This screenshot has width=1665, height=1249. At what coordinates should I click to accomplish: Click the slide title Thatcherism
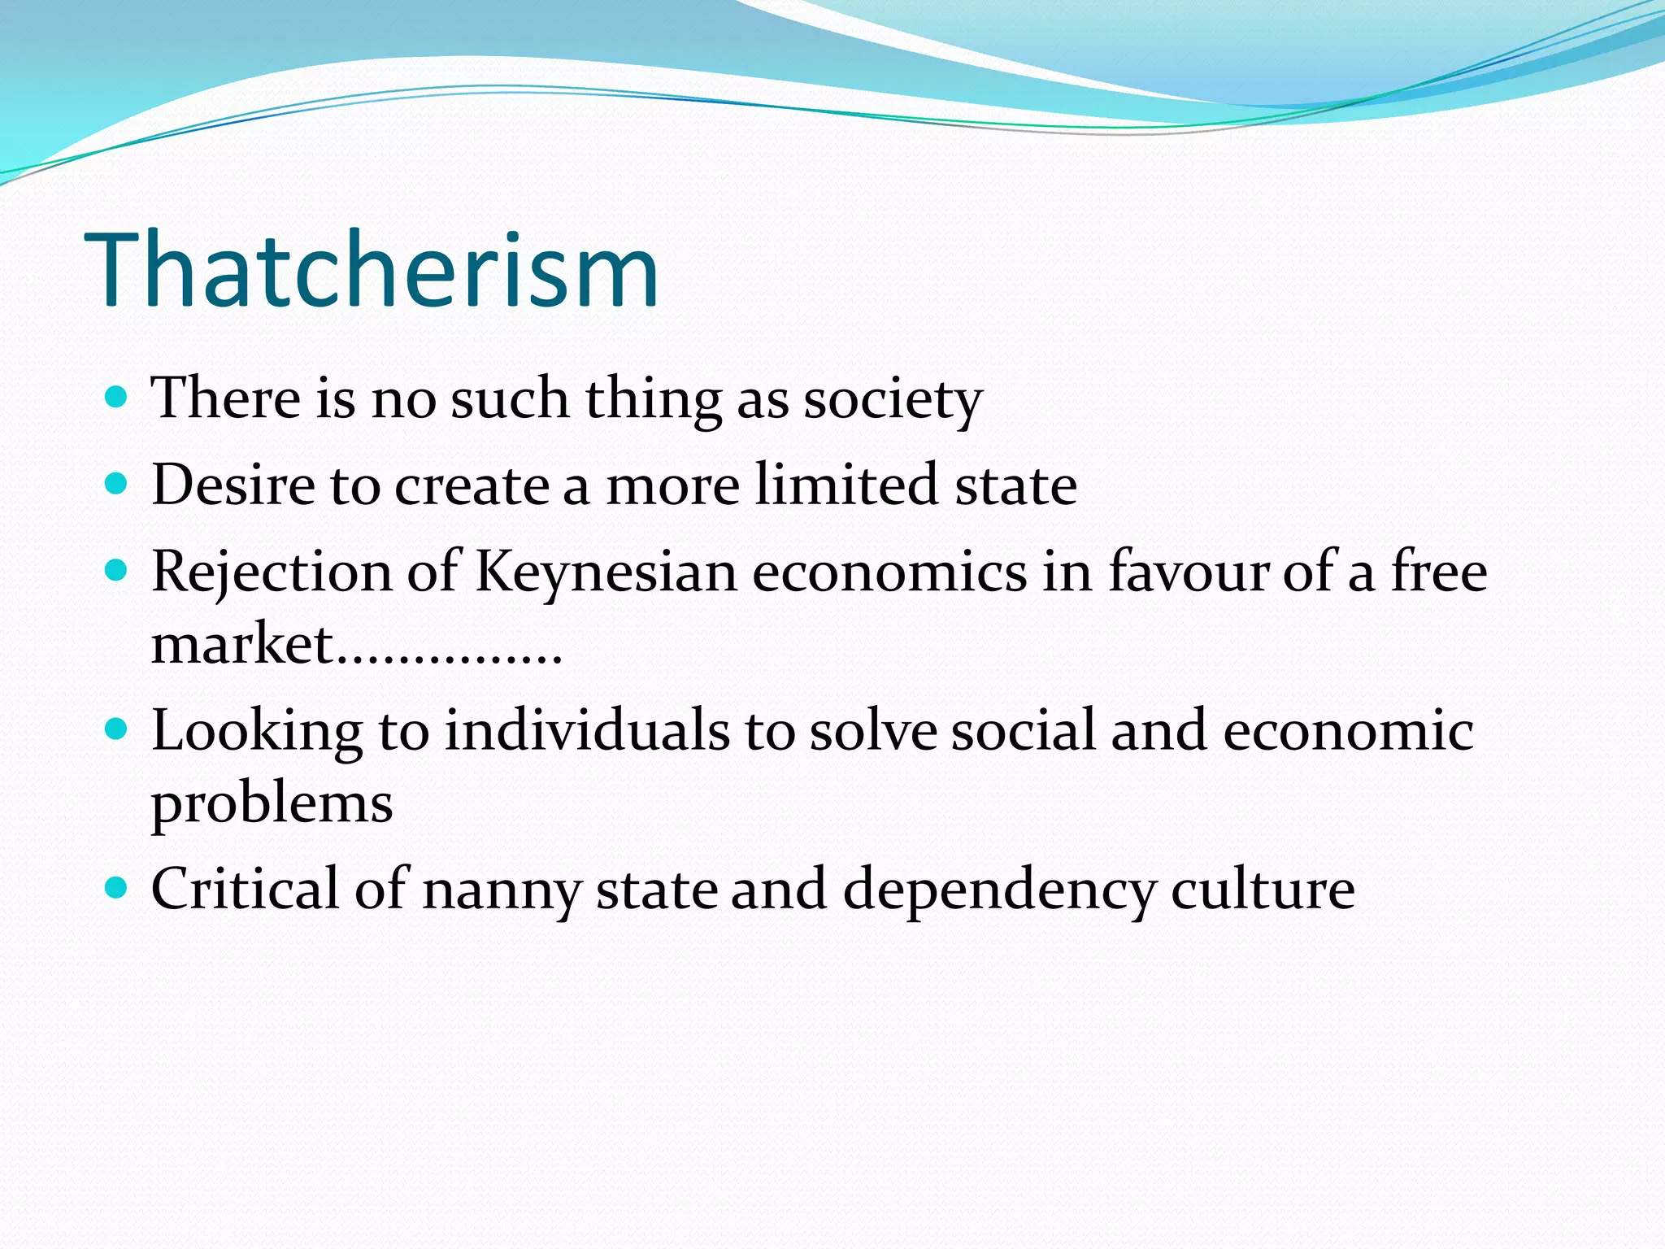click(371, 270)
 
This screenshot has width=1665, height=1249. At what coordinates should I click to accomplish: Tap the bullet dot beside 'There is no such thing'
click(117, 397)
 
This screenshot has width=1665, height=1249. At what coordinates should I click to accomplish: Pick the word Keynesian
click(606, 572)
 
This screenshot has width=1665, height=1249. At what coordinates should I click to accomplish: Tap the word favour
click(1189, 572)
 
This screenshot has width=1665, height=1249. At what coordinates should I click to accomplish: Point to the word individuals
click(587, 730)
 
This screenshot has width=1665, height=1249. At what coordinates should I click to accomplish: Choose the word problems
click(272, 805)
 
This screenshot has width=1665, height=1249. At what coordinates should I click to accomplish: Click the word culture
click(1263, 888)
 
